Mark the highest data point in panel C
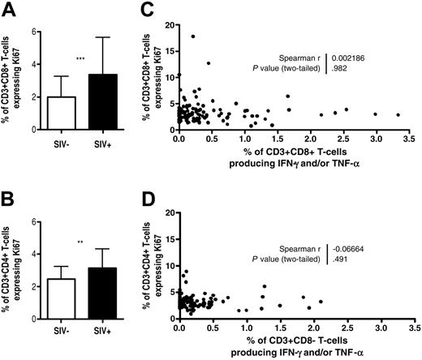[193, 36]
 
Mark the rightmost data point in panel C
[398, 115]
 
